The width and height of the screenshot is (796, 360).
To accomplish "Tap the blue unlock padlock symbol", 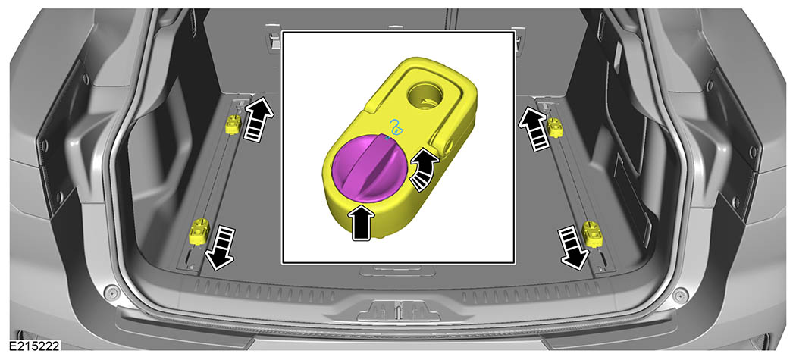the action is (x=396, y=127).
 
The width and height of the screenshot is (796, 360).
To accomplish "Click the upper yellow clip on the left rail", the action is (x=233, y=124).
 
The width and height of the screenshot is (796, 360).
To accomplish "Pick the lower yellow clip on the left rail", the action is (x=198, y=231).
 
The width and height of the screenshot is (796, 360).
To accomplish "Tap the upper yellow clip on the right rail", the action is (x=555, y=127).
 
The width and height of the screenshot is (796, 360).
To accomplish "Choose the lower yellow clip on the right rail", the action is (x=592, y=233).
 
